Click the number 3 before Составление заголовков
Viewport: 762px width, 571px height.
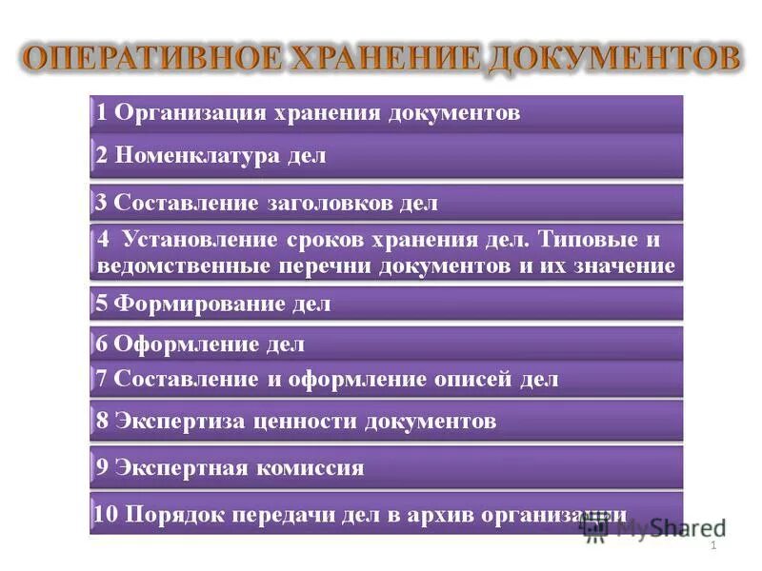[x=100, y=203]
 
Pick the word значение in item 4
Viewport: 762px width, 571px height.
[x=627, y=266]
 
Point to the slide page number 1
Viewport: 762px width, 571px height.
[x=712, y=546]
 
